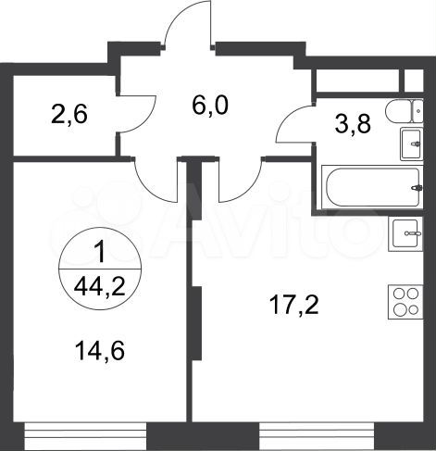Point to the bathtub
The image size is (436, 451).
pyautogui.click(x=371, y=189)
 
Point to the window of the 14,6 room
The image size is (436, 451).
pyautogui.click(x=85, y=427)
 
